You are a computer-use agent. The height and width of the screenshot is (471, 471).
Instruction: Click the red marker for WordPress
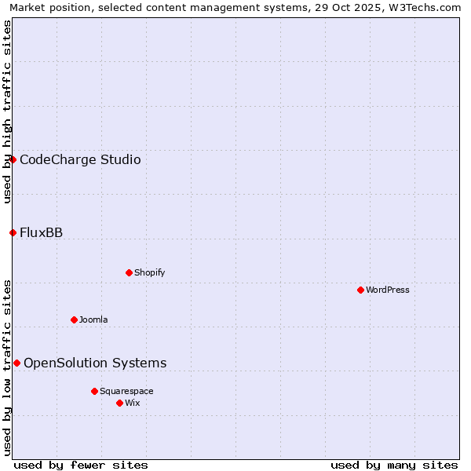point(360,290)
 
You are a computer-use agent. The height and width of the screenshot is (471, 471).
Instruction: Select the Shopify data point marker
point(129,272)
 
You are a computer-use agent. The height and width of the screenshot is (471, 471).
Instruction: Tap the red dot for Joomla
point(74,319)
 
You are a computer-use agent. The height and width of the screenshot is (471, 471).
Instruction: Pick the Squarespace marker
point(94,391)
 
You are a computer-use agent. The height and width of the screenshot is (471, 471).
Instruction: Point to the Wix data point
point(119,403)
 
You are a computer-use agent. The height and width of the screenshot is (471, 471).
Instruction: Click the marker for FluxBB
point(13,232)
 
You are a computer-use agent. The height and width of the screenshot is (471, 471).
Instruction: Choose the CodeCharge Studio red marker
point(13,159)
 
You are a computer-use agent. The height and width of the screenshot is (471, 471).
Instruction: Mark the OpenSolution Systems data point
point(16,363)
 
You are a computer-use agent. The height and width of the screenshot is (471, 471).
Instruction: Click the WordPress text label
point(388,290)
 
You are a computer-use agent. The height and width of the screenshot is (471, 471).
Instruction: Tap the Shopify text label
point(150,272)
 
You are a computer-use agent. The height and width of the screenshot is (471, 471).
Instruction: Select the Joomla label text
point(93,319)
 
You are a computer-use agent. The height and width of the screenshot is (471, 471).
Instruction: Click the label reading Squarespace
point(126,391)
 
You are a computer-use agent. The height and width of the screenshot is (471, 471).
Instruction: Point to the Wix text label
point(133,403)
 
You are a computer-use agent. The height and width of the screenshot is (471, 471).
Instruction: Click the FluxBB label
point(41,232)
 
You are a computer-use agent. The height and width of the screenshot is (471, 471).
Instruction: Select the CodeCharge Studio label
point(80,160)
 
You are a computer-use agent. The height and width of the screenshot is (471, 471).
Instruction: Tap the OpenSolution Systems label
point(95,363)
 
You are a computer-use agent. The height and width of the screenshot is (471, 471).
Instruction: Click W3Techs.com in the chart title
point(428,7)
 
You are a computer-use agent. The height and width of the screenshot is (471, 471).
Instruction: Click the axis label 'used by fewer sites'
point(81,465)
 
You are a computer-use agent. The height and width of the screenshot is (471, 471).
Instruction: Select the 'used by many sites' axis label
point(394,465)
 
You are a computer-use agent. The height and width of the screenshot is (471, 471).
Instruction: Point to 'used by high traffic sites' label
point(7,111)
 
